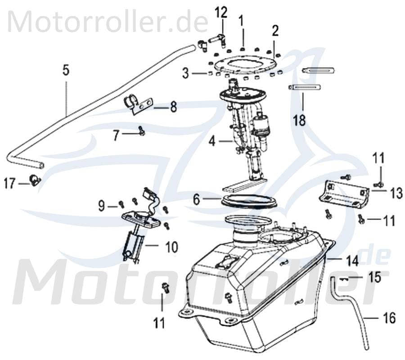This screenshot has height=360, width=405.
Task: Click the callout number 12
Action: point(220,12)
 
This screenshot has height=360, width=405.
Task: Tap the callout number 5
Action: point(66,71)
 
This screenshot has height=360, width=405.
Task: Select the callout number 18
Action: point(300,120)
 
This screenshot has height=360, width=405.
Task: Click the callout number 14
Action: point(352,261)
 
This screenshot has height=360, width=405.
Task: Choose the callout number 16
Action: point(390,319)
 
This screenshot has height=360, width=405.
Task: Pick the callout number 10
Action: point(171,247)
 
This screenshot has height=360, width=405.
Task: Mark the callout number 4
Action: point(211,142)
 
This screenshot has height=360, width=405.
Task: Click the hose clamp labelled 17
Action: point(35,181)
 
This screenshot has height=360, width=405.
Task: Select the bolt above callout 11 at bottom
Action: point(163,287)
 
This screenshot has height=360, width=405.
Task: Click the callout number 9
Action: point(102,206)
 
